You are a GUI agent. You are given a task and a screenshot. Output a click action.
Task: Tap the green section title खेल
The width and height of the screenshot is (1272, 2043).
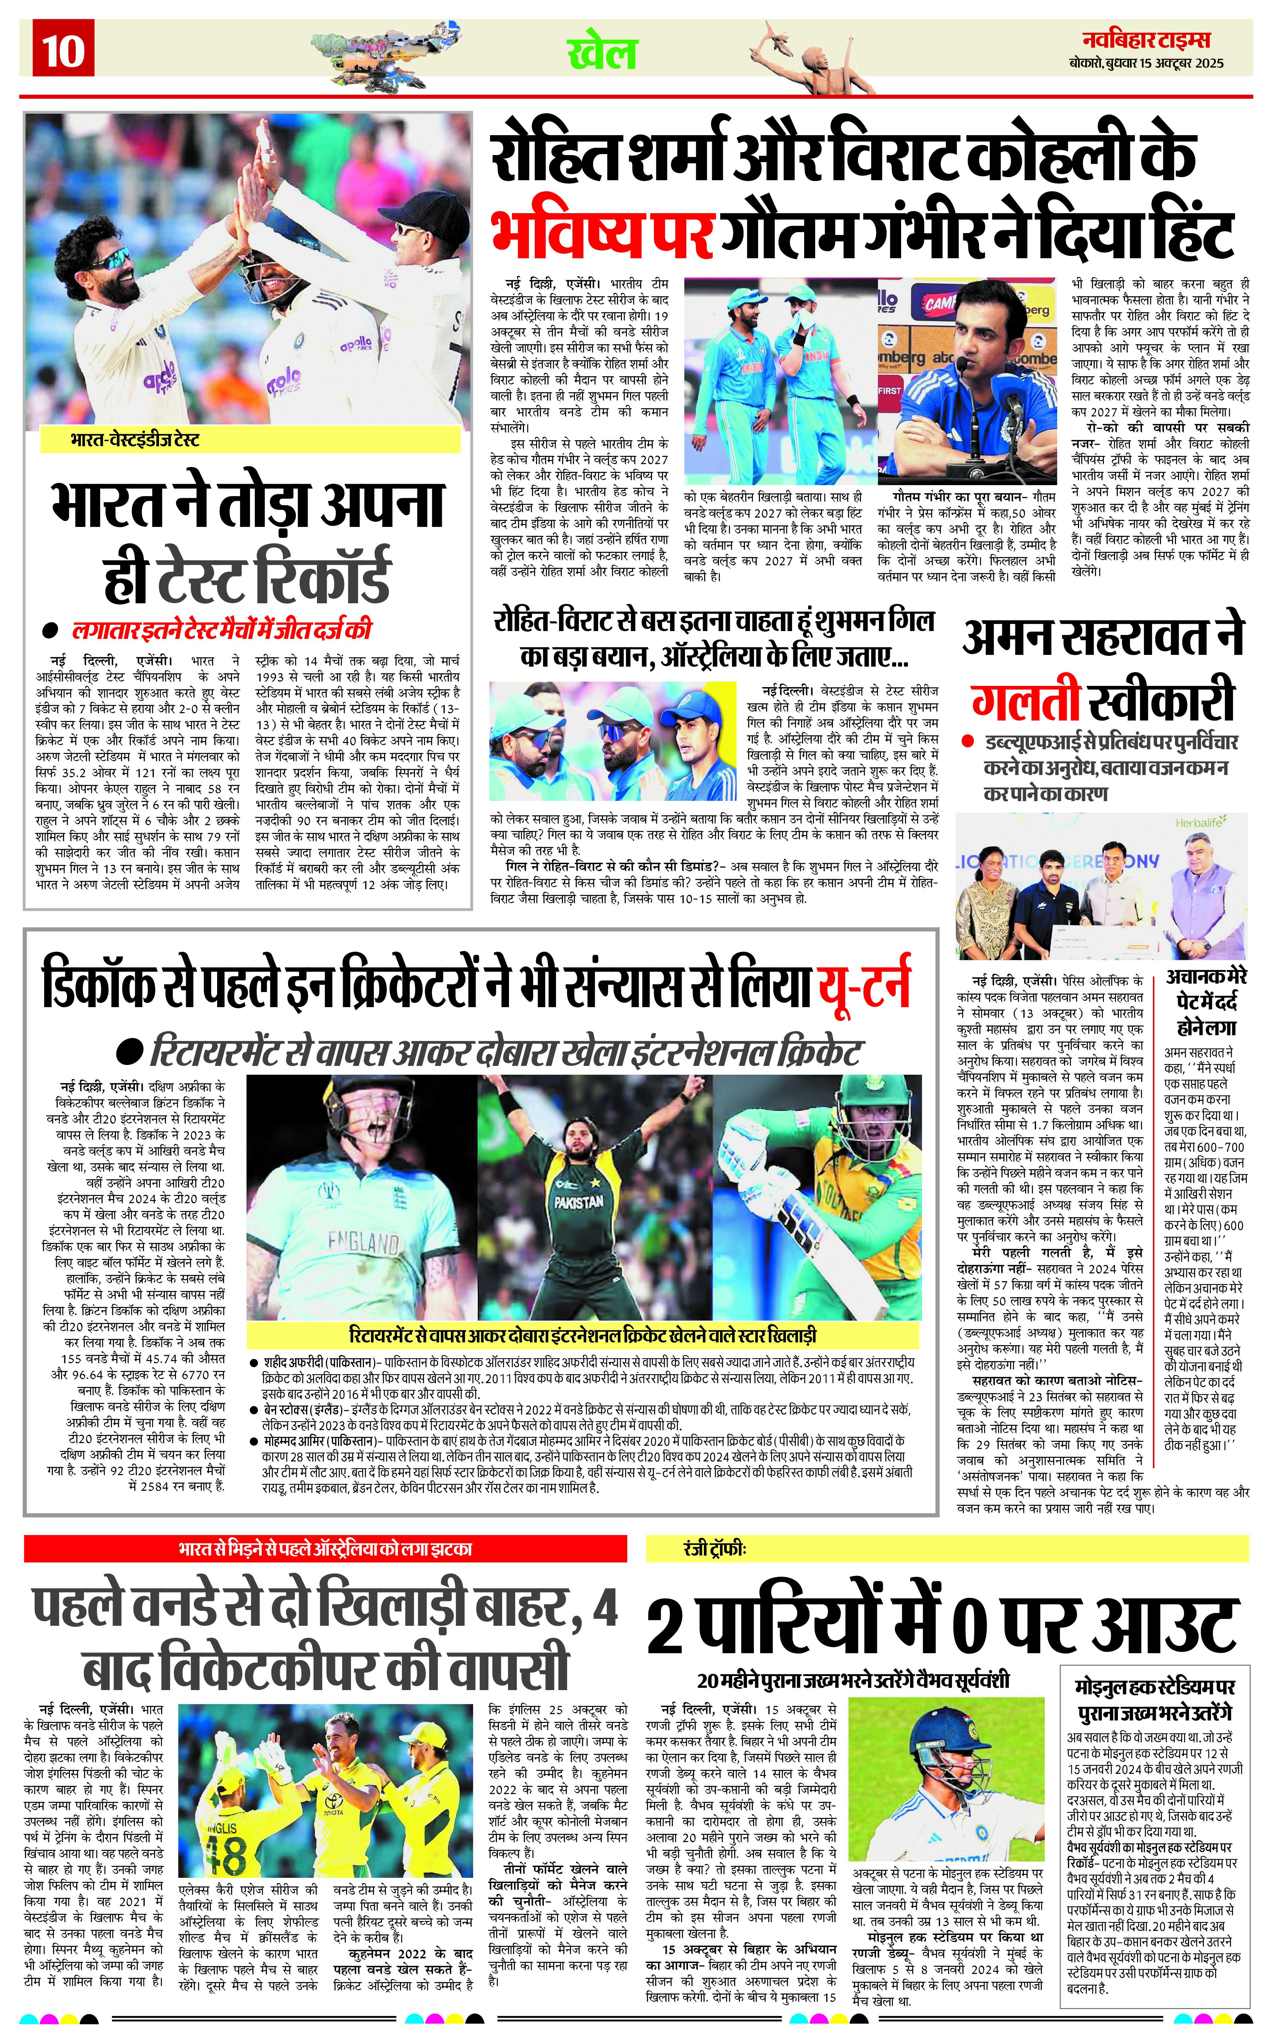click(x=602, y=53)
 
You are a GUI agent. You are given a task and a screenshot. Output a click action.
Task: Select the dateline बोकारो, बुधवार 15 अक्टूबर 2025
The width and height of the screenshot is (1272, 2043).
click(x=1146, y=63)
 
